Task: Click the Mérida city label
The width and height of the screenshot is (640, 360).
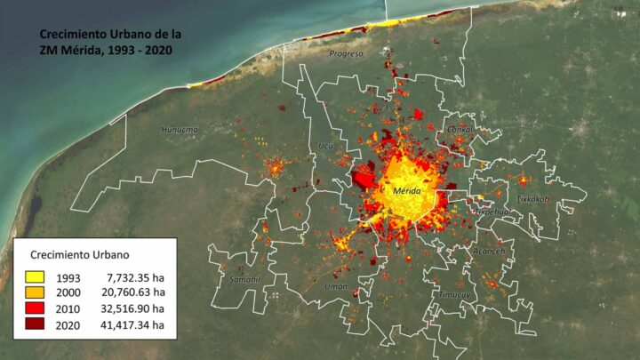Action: coord(402,191)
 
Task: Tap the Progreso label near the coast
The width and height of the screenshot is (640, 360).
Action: coord(346,53)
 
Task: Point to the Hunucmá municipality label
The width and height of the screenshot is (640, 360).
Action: coord(181,130)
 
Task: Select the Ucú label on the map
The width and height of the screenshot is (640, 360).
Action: coord(324,146)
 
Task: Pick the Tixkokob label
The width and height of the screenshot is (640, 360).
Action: coord(533,198)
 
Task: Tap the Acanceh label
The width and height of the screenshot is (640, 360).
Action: coord(489,251)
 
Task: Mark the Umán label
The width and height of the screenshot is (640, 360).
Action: coord(336,286)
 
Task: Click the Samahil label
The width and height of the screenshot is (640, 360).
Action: coord(244,278)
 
